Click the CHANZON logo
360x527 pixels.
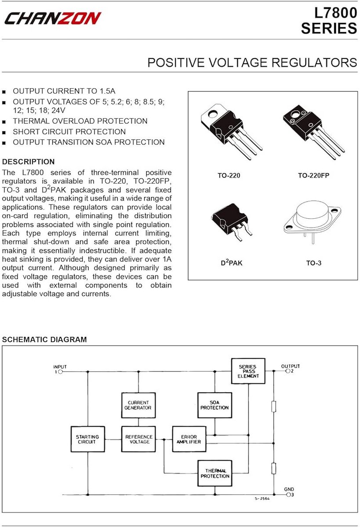pos(53,18)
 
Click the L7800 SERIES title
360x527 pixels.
pos(329,21)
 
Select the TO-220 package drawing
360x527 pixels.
pos(232,131)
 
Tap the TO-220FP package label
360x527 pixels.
pos(313,176)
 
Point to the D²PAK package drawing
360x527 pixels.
pos(232,222)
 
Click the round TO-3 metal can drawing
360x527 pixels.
pos(313,222)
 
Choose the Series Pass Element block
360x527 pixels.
pos(248,371)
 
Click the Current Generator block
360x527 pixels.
pos(138,405)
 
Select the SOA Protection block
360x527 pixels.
pos(215,405)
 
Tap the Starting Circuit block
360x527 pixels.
pos(87,439)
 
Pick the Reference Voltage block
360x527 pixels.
pos(138,439)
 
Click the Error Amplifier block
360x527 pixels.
pos(189,439)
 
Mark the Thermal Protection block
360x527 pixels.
pos(215,473)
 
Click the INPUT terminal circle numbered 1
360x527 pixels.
pos(60,372)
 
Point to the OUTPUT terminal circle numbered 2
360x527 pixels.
pos(288,371)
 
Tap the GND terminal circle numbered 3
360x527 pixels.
pos(288,495)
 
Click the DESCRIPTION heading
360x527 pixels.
pos(28,162)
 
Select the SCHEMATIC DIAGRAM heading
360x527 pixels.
pos(44,339)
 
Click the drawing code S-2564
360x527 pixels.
pos(262,498)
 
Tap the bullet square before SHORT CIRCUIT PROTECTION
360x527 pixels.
pos(4,133)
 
